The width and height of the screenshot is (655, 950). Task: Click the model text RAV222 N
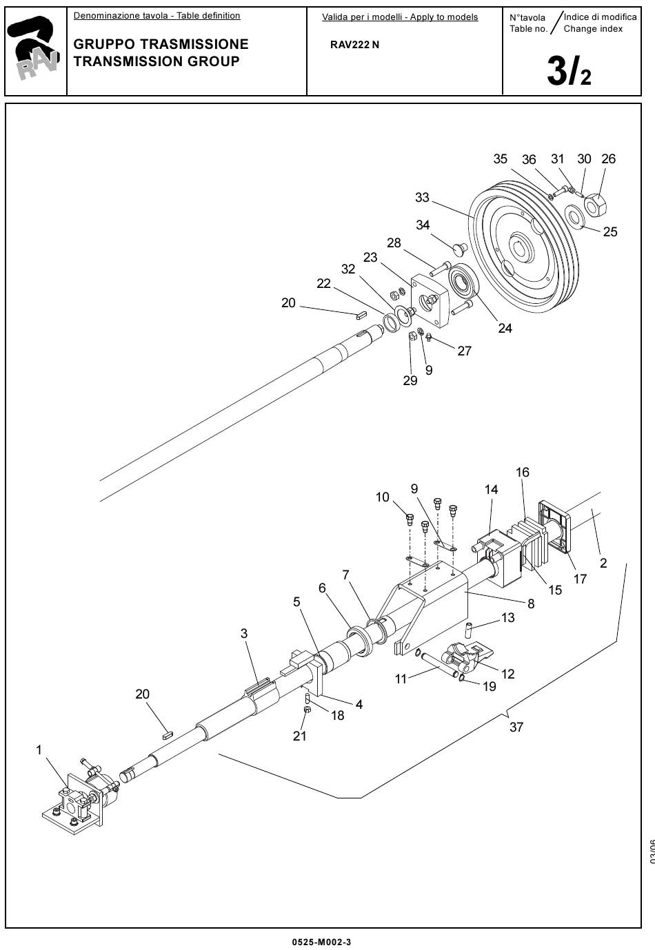354,45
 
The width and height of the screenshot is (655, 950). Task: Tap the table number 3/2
569,71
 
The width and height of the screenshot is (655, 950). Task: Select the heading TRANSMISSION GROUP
157,61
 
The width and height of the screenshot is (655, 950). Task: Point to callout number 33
422,198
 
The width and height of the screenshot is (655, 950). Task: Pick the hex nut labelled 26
596,202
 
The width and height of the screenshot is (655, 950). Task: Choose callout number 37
516,727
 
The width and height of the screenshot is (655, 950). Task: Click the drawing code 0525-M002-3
321,942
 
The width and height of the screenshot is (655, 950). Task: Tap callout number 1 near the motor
39,750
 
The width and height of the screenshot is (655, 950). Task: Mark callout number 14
491,490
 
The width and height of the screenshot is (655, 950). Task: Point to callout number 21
299,736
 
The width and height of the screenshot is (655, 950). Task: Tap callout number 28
394,242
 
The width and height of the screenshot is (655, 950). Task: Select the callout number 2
603,563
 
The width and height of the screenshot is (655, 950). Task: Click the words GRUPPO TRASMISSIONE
161,44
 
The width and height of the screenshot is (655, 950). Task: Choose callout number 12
508,674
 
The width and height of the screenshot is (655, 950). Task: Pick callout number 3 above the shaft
244,633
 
